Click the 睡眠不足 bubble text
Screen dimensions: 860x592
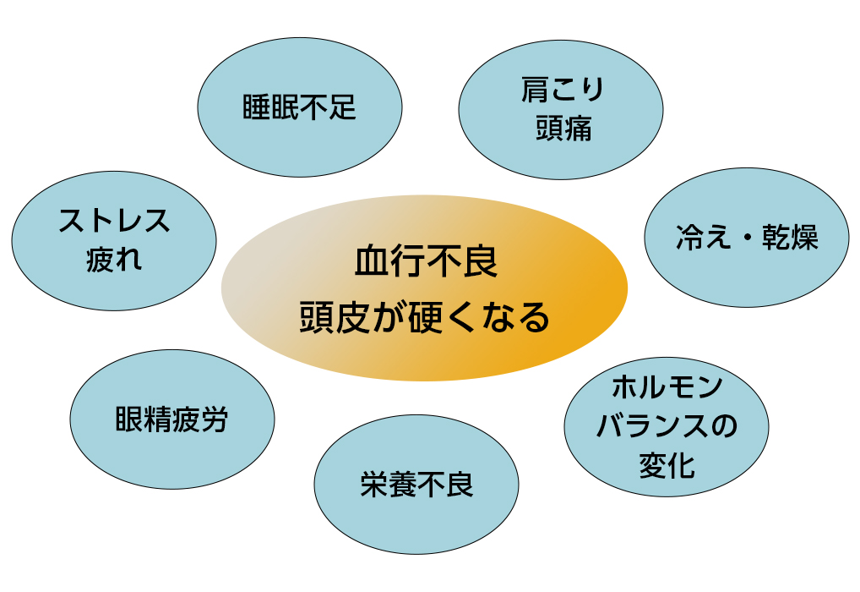(x=299, y=107)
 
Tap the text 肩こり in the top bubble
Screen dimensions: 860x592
(x=563, y=90)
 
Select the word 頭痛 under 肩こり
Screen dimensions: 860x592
(x=563, y=129)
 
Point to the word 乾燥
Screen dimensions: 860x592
(x=790, y=238)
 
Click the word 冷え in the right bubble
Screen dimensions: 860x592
(x=704, y=238)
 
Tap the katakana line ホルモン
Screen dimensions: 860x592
(x=667, y=386)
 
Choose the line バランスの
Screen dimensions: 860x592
(x=667, y=425)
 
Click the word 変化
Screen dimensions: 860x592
(x=667, y=466)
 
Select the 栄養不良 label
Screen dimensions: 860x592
(x=416, y=485)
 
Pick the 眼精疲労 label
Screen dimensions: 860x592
(x=171, y=419)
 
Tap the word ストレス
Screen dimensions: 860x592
(x=114, y=220)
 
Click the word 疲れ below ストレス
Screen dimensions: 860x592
(x=114, y=259)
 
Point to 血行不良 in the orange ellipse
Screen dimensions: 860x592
(x=426, y=260)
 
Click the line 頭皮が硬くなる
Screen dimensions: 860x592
(x=425, y=317)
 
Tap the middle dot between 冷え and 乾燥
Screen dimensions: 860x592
(x=747, y=238)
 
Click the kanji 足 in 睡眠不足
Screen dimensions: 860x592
(x=342, y=107)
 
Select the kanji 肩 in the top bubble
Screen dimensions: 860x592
(x=535, y=90)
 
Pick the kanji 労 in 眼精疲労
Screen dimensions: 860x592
(x=215, y=419)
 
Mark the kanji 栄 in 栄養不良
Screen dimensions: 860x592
(x=373, y=485)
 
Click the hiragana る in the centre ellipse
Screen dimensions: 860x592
(x=534, y=317)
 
